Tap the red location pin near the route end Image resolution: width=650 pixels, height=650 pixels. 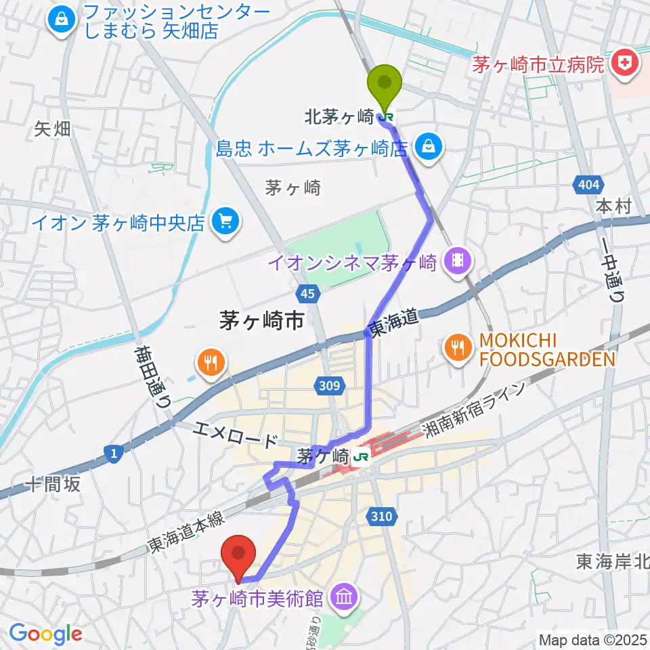point(238,552)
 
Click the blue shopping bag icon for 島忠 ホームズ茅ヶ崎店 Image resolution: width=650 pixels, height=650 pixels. point(427,146)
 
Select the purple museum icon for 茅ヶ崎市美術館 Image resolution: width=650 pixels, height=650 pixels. point(344,597)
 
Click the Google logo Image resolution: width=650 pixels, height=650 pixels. point(45,634)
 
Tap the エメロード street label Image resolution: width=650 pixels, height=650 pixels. point(234,435)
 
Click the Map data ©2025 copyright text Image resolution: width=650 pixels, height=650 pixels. point(592,639)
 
